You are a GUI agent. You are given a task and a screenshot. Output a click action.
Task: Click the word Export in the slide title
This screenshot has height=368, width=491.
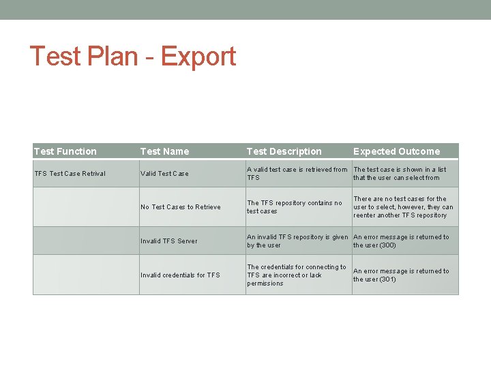[198, 57]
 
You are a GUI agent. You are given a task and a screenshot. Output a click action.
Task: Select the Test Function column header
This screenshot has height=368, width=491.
[65, 151]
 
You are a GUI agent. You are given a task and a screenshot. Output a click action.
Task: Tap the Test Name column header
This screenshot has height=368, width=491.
[164, 151]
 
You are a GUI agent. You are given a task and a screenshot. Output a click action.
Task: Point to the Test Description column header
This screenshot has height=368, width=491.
[284, 151]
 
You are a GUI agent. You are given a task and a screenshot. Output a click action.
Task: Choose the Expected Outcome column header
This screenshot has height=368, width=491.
[396, 151]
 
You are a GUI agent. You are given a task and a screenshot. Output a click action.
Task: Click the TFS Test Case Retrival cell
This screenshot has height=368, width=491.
[70, 174]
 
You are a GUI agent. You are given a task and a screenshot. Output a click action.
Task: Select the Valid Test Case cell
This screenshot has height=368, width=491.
[164, 174]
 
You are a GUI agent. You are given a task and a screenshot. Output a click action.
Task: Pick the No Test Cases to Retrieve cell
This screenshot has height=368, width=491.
[181, 207]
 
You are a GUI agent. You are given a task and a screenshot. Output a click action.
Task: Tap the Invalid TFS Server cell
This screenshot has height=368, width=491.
[168, 241]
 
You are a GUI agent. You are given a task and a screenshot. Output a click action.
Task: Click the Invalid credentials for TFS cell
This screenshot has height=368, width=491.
[180, 275]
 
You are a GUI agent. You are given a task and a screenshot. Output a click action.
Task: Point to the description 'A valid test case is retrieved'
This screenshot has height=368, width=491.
[297, 173]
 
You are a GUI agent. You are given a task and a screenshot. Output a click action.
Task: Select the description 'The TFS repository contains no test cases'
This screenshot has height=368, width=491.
[295, 206]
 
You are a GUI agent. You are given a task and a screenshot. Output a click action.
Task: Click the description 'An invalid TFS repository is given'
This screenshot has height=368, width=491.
[297, 241]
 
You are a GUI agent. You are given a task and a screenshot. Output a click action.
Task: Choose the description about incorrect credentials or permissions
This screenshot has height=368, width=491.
[296, 275]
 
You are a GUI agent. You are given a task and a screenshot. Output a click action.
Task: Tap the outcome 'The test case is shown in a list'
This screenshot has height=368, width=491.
[400, 173]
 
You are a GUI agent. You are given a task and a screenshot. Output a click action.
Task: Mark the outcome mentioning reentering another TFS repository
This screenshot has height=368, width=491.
[402, 207]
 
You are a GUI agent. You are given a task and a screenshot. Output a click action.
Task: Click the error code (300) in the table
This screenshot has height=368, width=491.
[387, 245]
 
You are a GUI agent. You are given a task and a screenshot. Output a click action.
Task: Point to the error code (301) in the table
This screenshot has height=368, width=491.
[387, 279]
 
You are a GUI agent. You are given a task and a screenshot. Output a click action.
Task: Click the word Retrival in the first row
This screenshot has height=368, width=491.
[92, 174]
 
